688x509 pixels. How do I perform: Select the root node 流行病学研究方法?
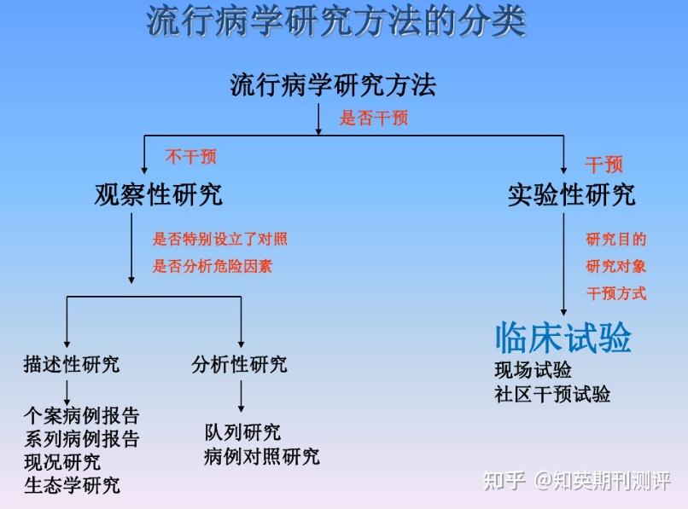point(333,84)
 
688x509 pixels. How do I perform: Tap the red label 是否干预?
point(374,118)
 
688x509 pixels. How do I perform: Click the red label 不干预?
point(191,156)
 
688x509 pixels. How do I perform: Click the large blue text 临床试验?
point(563,338)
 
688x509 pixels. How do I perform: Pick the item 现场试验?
point(533,370)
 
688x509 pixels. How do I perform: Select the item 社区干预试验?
point(552,394)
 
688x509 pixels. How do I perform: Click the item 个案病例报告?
point(81,416)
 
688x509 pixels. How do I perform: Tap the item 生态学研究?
point(72,485)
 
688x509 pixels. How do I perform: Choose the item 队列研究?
point(242,432)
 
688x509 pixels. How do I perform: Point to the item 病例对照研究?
point(262,456)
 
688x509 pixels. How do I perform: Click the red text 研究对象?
point(615,266)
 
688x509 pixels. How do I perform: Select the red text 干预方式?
point(615,293)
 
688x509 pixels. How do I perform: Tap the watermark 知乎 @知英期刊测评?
point(576,481)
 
